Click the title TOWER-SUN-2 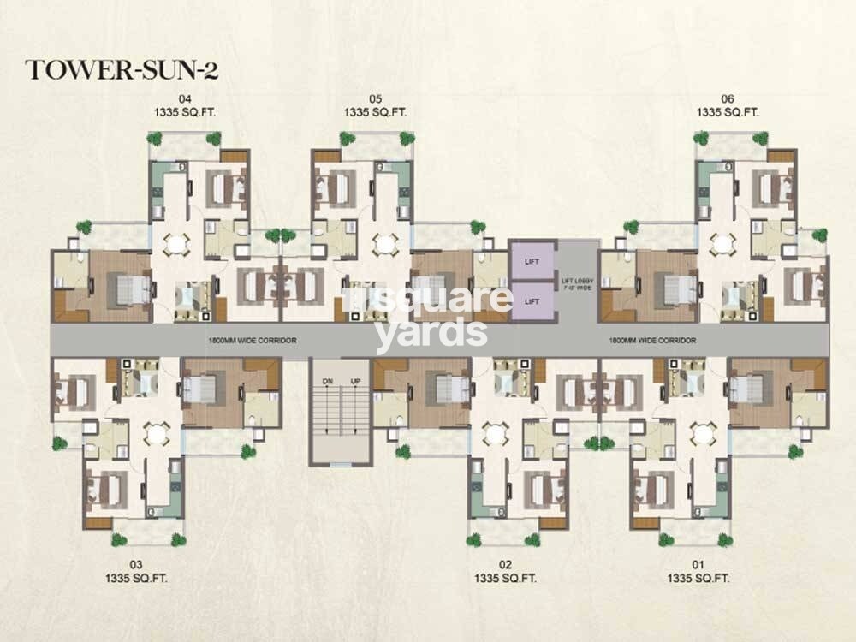[122, 70]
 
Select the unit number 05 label [374, 98]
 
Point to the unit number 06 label [728, 98]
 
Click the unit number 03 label [135, 564]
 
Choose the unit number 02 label [505, 564]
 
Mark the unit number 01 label [698, 564]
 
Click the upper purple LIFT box [532, 259]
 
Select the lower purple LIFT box [532, 300]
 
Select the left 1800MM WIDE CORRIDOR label [252, 340]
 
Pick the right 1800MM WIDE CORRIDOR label [651, 340]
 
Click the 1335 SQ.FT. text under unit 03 [135, 579]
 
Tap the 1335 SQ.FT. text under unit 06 [728, 112]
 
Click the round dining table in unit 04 [176, 244]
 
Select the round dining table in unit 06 [723, 243]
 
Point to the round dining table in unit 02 [496, 434]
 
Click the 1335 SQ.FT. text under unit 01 [698, 579]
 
